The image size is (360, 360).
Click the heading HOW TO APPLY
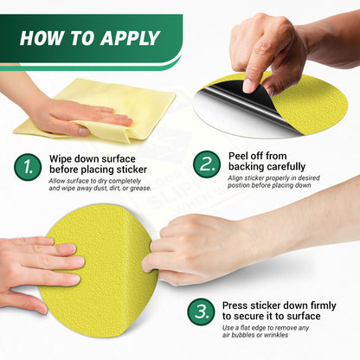89,37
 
